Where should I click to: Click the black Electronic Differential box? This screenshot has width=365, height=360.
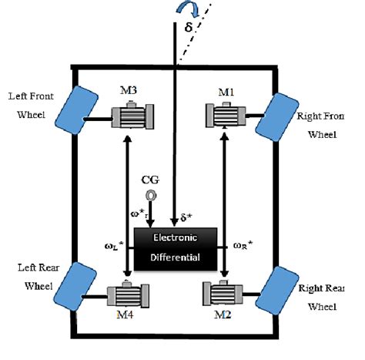[x=174, y=248]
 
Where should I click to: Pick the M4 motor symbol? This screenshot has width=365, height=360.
[x=127, y=295]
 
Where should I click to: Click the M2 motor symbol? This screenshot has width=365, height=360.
[x=223, y=295]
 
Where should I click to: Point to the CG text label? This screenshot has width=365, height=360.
[x=151, y=180]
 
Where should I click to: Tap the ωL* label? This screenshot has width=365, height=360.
[x=113, y=247]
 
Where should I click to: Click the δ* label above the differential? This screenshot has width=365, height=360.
[x=186, y=217]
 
